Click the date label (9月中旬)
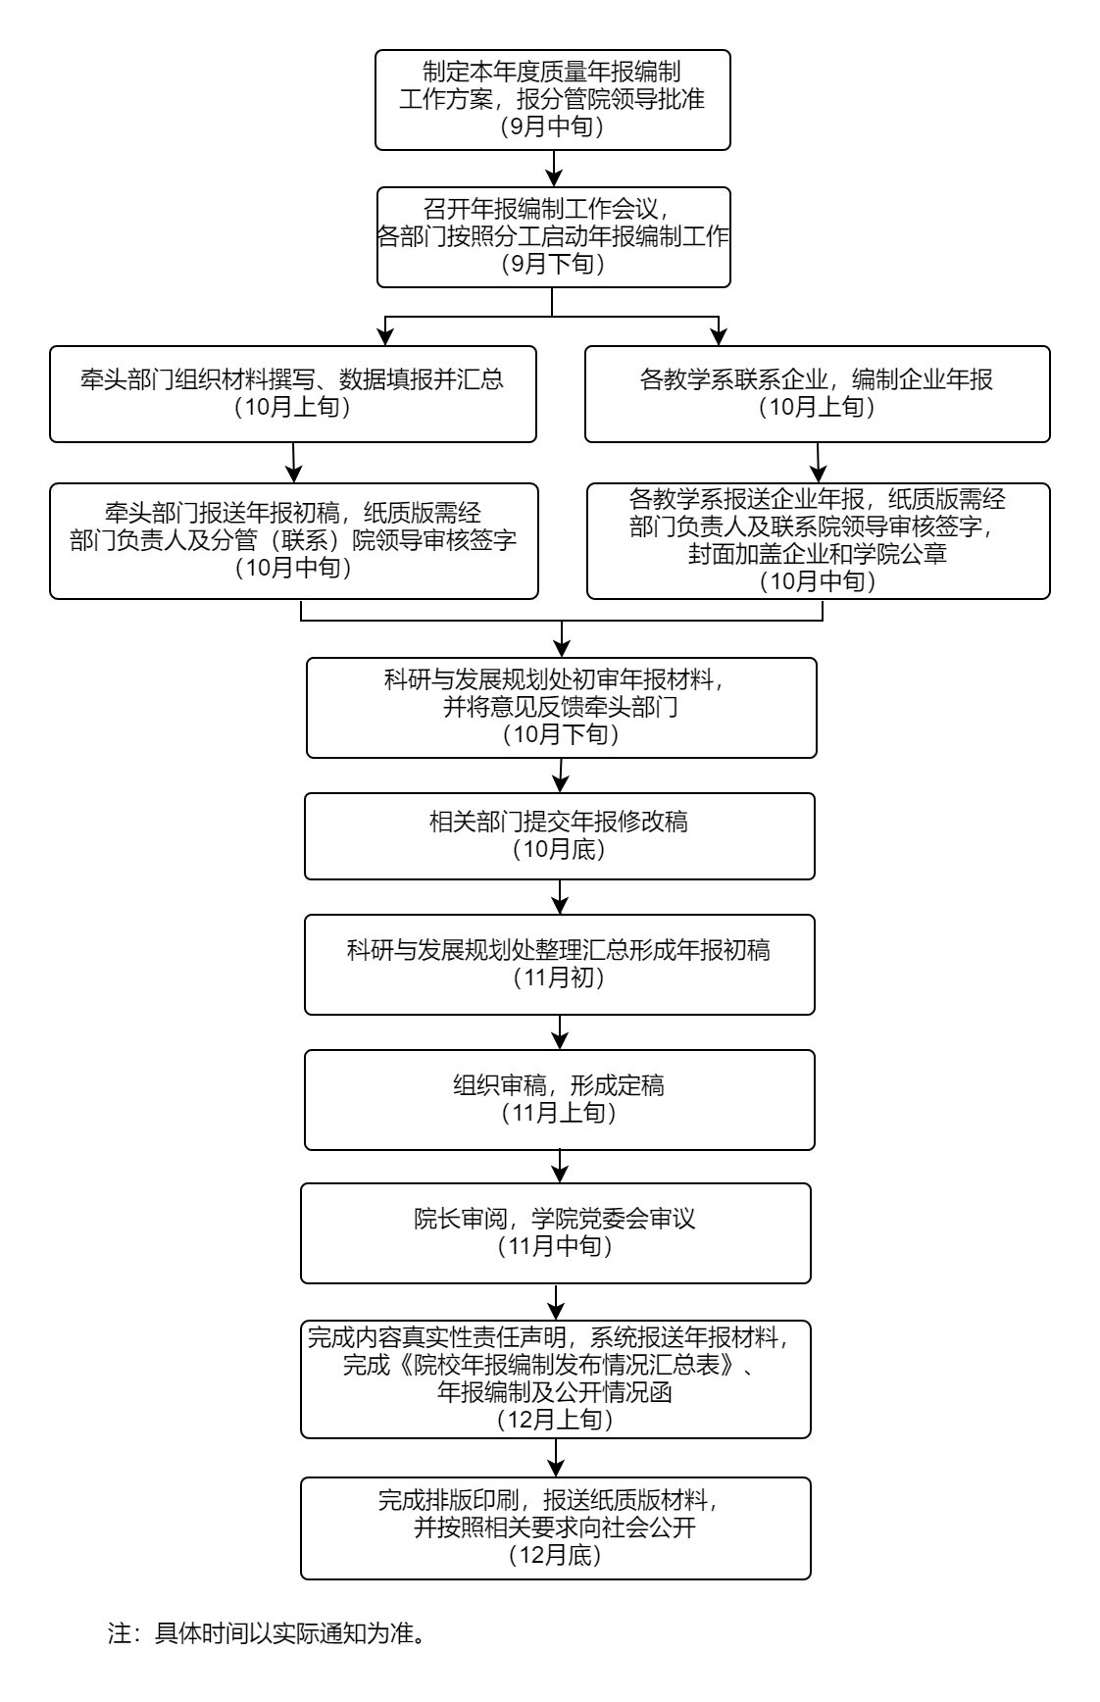(552, 126)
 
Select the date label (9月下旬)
(552, 264)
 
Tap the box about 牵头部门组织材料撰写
(292, 393)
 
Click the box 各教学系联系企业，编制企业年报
(817, 393)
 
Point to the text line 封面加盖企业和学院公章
(817, 555)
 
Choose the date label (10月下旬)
(561, 734)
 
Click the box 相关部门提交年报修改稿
(559, 835)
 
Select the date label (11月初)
(559, 977)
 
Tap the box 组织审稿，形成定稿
(559, 1099)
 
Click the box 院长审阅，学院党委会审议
(555, 1232)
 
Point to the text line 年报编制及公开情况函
(555, 1392)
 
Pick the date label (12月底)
(555, 1556)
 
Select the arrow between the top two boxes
(553, 170)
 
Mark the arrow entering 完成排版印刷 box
(556, 1459)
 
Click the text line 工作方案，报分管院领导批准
(552, 99)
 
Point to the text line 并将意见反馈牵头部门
(561, 707)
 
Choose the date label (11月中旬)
(555, 1247)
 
